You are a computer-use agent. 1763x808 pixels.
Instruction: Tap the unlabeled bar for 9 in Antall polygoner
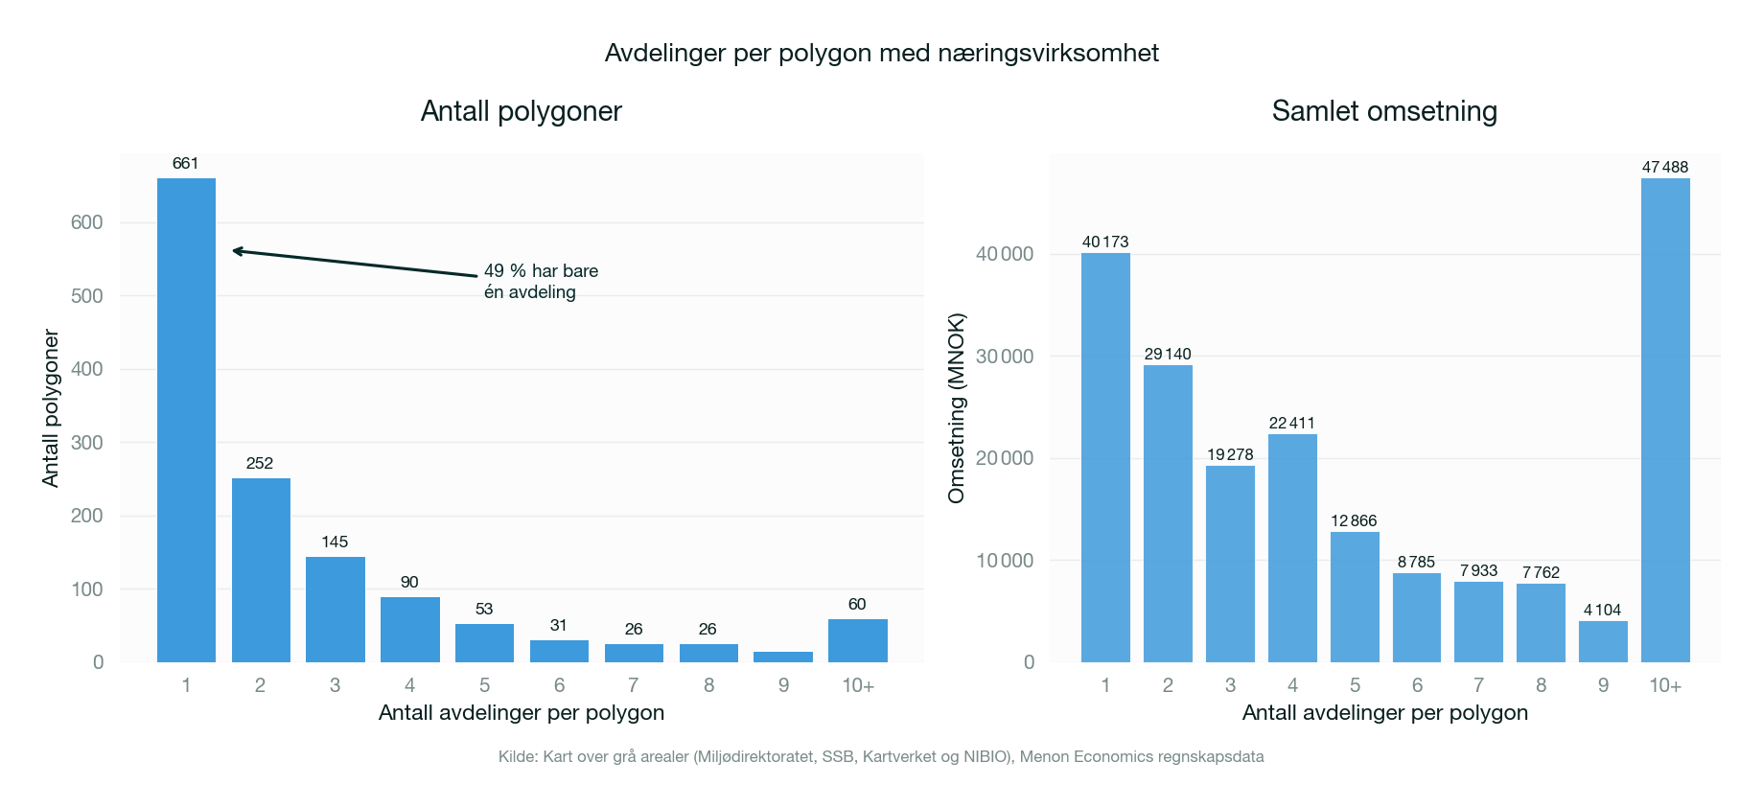coord(783,657)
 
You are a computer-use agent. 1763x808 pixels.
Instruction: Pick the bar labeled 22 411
coord(1292,547)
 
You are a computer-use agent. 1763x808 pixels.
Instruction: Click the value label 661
coord(185,164)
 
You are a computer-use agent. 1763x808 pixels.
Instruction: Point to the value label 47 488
coord(1665,167)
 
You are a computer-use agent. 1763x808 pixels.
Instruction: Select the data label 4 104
coord(1603,610)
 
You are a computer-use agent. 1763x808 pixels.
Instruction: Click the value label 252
coord(260,464)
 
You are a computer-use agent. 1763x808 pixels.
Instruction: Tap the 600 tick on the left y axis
coord(86,222)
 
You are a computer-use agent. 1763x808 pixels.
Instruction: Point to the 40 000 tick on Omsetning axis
coord(1005,254)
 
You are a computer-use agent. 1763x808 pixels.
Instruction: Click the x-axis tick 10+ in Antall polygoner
coord(858,685)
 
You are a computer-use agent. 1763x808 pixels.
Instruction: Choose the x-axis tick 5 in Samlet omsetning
coord(1355,685)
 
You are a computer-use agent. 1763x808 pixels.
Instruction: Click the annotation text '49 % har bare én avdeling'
coord(540,282)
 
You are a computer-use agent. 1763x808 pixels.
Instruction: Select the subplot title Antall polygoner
coord(522,111)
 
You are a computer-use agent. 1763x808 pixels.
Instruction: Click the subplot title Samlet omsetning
coord(1384,111)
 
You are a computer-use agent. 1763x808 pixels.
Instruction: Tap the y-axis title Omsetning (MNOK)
coord(956,408)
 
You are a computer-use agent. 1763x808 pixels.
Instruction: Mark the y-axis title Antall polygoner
coord(51,408)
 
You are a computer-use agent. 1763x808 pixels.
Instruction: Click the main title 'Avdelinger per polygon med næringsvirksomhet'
coord(881,53)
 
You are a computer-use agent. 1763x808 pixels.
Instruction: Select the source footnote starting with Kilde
coord(881,757)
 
